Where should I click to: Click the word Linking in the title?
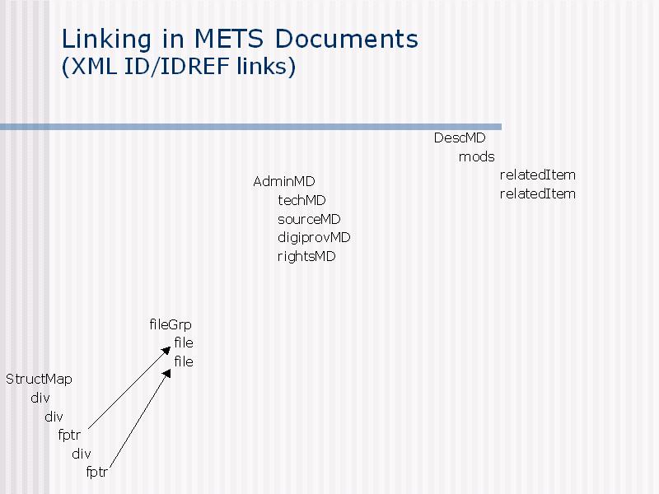(107, 40)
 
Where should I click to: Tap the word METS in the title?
(229, 39)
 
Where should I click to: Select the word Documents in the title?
(347, 39)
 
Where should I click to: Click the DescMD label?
(460, 137)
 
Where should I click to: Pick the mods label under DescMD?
(477, 157)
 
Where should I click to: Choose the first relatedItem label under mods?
(538, 175)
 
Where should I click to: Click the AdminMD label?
(283, 181)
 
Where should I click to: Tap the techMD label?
(301, 200)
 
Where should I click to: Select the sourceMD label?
(309, 219)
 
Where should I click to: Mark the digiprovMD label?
(314, 238)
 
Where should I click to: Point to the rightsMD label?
(306, 256)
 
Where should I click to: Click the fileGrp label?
(171, 324)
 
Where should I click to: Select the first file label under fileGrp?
(184, 343)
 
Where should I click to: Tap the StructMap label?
(39, 380)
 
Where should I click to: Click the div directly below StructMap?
(40, 398)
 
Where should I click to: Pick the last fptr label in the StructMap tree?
(96, 472)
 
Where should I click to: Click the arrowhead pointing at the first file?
(166, 351)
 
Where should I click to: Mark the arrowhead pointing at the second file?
(167, 374)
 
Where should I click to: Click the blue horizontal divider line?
(251, 127)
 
